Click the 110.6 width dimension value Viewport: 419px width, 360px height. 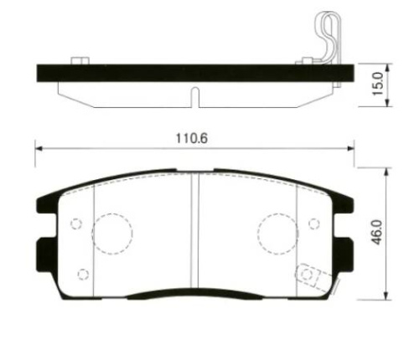coord(192,138)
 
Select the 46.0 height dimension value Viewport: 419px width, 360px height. coord(377,232)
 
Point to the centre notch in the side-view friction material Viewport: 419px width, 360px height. coord(196,97)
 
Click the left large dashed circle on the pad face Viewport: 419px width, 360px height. coord(112,213)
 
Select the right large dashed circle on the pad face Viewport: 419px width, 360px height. coord(278,213)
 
